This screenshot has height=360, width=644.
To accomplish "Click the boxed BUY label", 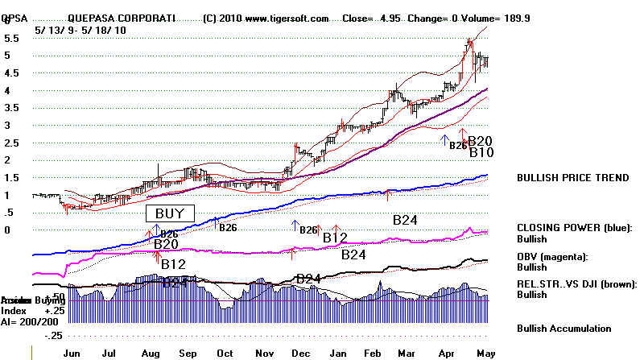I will coord(170,213).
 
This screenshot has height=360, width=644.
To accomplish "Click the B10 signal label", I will coord(481,152).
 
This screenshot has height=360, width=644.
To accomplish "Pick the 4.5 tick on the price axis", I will coord(12,73).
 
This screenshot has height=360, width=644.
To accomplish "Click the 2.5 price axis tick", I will coord(12,143).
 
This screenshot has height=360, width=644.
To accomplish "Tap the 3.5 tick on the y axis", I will coord(12,108).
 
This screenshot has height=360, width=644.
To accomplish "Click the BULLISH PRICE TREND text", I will coord(573,178).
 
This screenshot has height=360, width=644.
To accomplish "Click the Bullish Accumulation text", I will coord(564,329).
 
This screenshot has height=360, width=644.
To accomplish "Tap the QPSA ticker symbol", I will coord(14,18).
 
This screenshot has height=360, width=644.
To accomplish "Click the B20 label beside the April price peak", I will coord(481,141).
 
